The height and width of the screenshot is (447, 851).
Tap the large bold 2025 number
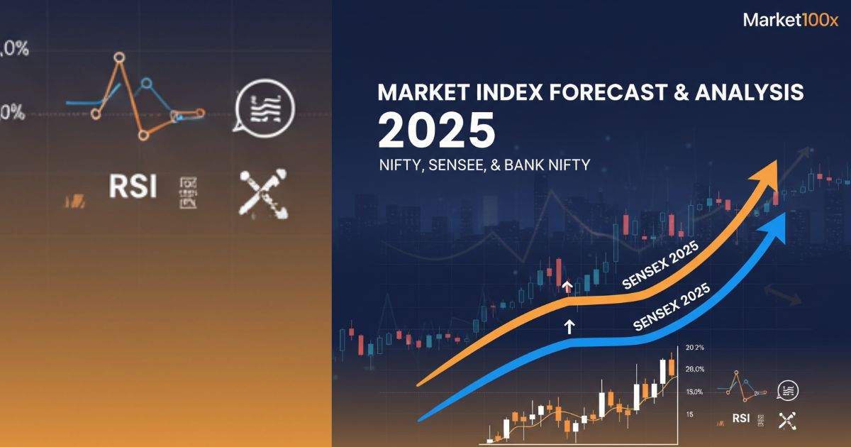436,130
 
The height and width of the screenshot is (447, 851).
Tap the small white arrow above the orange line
567,287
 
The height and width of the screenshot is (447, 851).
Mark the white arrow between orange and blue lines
569,326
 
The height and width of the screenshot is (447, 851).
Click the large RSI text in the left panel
133,187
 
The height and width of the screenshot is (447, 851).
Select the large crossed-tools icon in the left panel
263,193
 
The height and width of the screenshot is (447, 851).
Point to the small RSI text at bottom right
741,419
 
